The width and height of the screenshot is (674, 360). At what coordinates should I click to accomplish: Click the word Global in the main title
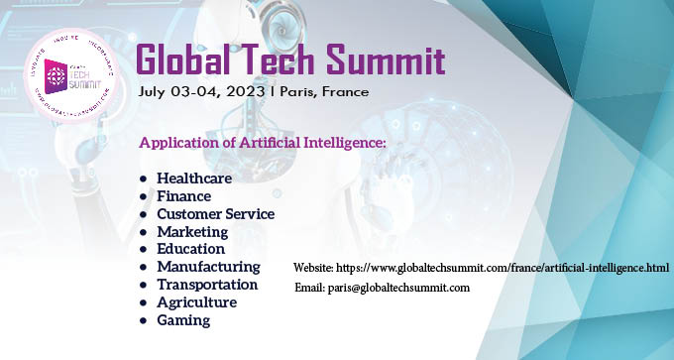coord(187,60)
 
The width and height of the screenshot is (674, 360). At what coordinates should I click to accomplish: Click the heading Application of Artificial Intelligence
coord(262,143)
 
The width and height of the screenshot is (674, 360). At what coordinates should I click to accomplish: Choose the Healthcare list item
coord(194,179)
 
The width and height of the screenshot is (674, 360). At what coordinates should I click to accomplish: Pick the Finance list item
coord(183,196)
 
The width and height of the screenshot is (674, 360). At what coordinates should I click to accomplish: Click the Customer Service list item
coord(215,214)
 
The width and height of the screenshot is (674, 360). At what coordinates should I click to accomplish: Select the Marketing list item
coord(192,232)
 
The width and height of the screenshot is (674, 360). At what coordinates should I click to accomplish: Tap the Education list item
coord(191,249)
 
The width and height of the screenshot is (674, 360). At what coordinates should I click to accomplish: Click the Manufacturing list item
coord(208,267)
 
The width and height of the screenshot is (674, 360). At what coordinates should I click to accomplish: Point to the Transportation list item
coord(207,285)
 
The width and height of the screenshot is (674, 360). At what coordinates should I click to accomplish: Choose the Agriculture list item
coord(196,302)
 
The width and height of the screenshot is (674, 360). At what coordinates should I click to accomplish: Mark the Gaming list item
coord(183,320)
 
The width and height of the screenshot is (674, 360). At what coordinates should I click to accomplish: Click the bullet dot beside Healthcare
coord(144,179)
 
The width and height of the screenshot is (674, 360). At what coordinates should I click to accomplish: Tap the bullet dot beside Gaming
coord(144,320)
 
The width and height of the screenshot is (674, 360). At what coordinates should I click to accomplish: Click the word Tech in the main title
coord(277,60)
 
